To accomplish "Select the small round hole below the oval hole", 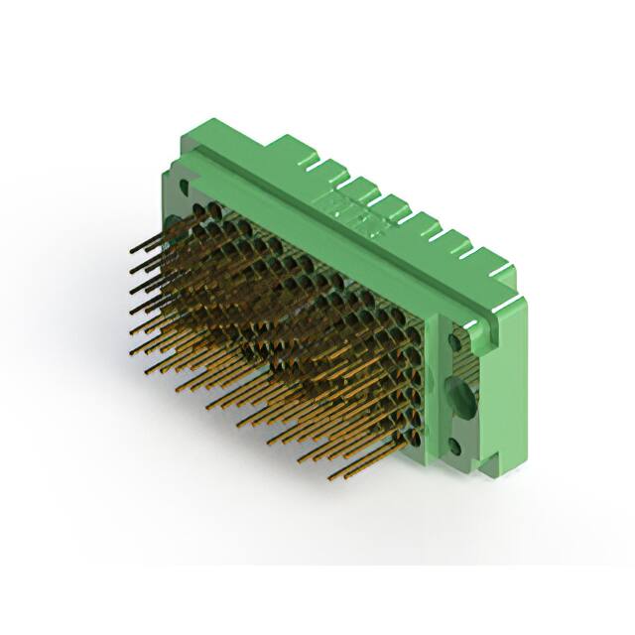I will click(x=456, y=444).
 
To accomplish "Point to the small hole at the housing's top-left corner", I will click(x=183, y=184).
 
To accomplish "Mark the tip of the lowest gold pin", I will click(x=329, y=478).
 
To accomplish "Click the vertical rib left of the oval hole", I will click(x=438, y=387).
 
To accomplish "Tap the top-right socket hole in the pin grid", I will click(x=412, y=317).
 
